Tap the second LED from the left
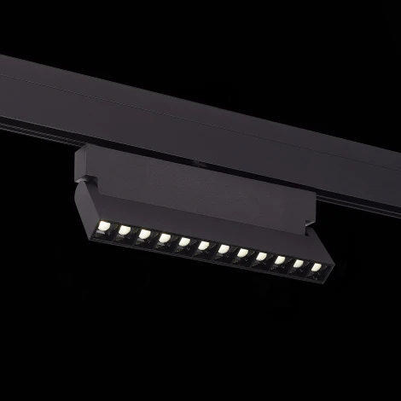click(125, 230)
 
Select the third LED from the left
click(143, 234)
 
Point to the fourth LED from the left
click(163, 238)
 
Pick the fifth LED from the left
click(183, 242)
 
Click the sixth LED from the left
click(202, 247)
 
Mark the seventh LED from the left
click(222, 250)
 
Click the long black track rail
click(213, 111)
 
